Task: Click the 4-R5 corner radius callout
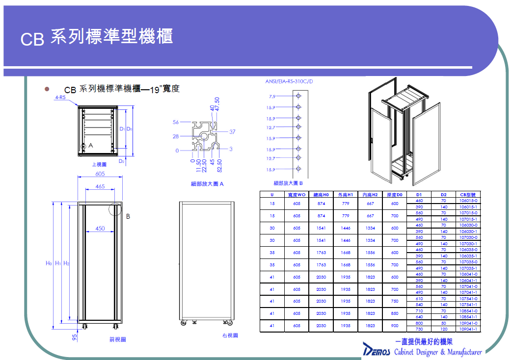(60, 98)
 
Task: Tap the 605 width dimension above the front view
(100, 174)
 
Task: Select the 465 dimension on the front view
(100, 186)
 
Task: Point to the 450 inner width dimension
(100, 228)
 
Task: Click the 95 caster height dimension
(75, 337)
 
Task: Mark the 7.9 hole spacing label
(272, 97)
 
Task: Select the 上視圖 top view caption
(99, 165)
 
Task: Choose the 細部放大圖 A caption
(207, 184)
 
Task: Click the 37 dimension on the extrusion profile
(232, 131)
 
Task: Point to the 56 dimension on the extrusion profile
(176, 122)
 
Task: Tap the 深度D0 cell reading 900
(395, 326)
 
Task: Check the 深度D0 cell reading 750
(395, 301)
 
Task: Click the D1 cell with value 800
(419, 323)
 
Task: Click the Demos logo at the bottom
(377, 350)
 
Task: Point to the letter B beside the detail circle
(128, 216)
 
